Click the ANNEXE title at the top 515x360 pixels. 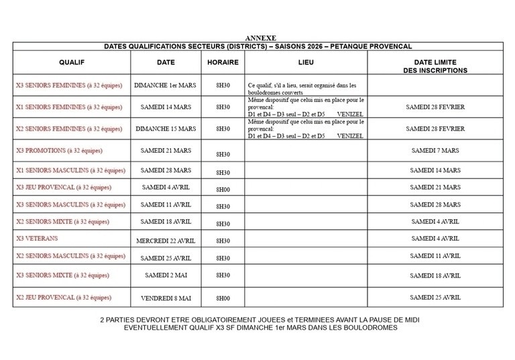coord(260,38)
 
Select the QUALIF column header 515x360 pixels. coord(71,62)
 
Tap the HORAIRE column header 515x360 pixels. coord(223,62)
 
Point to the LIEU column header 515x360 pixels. coord(305,62)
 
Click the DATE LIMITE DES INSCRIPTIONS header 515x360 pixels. coord(435,66)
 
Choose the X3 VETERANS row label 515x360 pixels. coord(37,239)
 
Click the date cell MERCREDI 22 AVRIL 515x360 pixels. coord(166,240)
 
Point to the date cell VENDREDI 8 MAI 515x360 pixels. coord(166,298)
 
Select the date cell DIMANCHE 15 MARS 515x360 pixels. coord(166,128)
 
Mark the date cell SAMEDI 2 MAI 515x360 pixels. coord(166,275)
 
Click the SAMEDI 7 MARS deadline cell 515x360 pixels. coord(435,151)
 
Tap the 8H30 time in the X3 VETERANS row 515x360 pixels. coord(223,240)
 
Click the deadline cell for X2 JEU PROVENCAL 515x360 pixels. coord(435,297)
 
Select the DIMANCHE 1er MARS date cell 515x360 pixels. coord(166,86)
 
